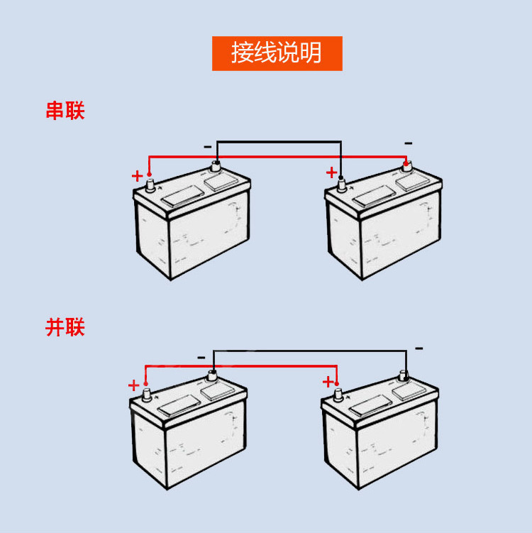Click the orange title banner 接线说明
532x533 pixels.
pyautogui.click(x=277, y=53)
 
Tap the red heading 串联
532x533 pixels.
pyautogui.click(x=65, y=111)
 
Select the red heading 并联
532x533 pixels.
pyautogui.click(x=65, y=327)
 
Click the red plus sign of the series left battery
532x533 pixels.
pyautogui.click(x=137, y=175)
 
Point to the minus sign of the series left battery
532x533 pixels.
pyautogui.click(x=207, y=146)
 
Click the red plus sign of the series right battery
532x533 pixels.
pyautogui.click(x=331, y=172)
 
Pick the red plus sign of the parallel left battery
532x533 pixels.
pyautogui.click(x=133, y=385)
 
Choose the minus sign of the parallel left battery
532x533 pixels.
pyautogui.click(x=201, y=357)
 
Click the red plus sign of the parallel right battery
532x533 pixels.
pyautogui.click(x=328, y=382)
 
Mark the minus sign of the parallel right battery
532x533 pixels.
pyautogui.click(x=419, y=348)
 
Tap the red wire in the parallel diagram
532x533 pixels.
pyautogui.click(x=241, y=366)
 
